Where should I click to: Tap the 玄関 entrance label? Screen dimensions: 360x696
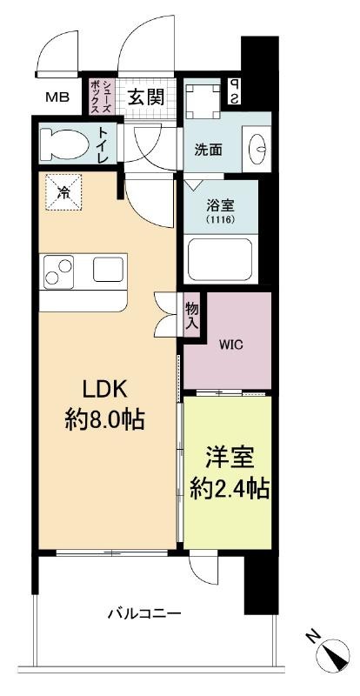[x=145, y=96]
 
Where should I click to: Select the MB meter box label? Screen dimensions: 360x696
[x=57, y=97]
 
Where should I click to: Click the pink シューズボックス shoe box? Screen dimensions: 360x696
[x=102, y=97]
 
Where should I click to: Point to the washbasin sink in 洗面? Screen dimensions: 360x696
[x=257, y=145]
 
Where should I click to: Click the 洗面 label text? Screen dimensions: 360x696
[x=208, y=150]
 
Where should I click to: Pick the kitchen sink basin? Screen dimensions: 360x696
[x=108, y=270]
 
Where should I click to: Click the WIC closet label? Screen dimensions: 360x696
[x=230, y=345]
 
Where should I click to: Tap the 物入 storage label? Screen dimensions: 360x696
[x=191, y=315]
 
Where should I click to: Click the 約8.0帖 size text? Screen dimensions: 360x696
[x=105, y=419]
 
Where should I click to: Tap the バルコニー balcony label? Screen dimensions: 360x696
[x=144, y=614]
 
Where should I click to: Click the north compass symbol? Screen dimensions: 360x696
[x=331, y=657]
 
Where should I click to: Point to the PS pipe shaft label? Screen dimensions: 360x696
[x=234, y=92]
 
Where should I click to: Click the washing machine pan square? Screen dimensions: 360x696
[x=203, y=101]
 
